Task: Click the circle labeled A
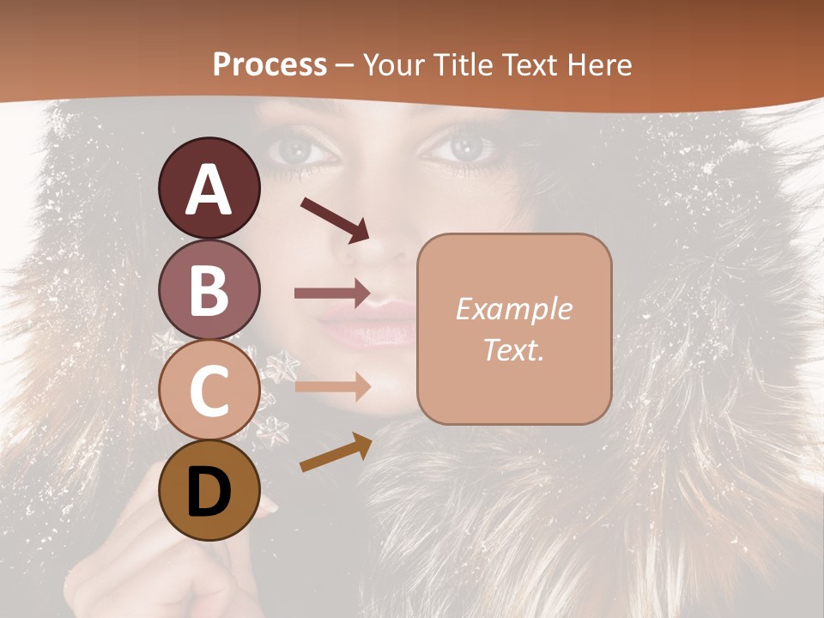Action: pos(209,188)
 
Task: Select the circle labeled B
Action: pos(209,289)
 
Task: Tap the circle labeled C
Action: pos(209,391)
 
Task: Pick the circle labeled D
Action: pos(209,491)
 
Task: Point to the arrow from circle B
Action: pos(332,294)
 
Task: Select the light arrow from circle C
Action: pos(332,386)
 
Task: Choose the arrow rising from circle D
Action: pos(336,452)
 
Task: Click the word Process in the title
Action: pos(270,64)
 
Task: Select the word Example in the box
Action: pos(514,309)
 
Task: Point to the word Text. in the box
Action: pos(514,350)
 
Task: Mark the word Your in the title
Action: pos(396,64)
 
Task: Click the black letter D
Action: pos(209,491)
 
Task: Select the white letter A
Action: pos(209,189)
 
